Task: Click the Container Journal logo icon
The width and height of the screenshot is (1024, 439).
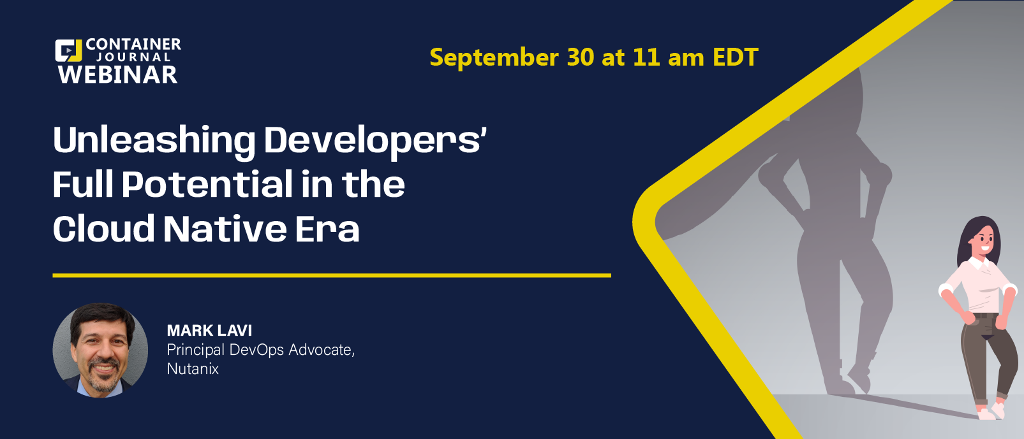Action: point(68,50)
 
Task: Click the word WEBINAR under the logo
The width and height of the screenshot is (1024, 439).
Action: point(117,75)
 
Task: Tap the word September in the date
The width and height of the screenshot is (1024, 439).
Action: point(494,57)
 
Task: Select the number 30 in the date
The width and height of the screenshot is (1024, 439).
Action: point(581,57)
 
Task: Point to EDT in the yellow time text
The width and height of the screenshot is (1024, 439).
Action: point(736,57)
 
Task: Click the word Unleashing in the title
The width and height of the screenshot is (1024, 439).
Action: point(154,141)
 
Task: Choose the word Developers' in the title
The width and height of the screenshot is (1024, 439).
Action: point(375,141)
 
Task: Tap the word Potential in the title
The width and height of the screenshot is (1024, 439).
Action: point(207,184)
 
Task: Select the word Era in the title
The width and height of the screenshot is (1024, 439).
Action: point(327,228)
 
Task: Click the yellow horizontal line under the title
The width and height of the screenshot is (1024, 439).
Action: point(332,275)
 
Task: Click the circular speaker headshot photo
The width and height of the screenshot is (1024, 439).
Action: point(100,350)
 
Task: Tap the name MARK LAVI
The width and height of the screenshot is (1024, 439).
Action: point(209,330)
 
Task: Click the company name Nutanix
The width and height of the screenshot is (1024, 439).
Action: point(193,368)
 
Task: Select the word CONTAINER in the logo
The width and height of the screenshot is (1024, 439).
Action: point(133,44)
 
